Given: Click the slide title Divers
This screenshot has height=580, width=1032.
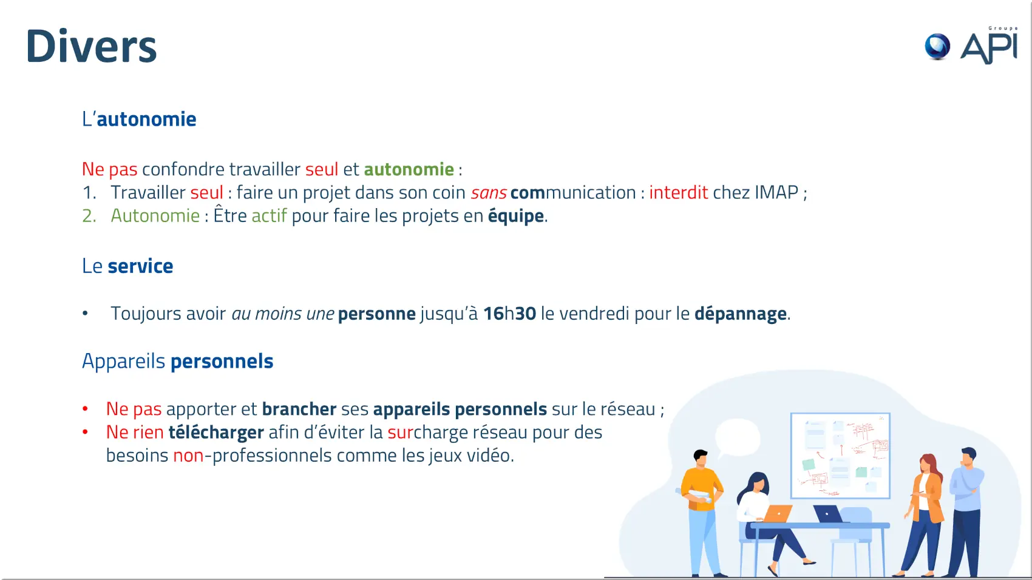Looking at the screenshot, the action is (x=92, y=46).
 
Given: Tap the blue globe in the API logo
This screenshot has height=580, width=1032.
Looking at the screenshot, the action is (x=937, y=47).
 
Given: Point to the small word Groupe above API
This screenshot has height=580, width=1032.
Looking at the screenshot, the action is (x=1002, y=29).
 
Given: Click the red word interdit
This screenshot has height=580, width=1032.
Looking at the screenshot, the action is (x=678, y=192).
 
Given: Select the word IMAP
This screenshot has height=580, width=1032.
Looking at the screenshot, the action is (x=776, y=192).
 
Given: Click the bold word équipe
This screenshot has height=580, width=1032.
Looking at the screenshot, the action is (x=516, y=216).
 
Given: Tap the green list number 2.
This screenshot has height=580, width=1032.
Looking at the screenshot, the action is (x=89, y=216).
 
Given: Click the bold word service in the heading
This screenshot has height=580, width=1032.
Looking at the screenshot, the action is (x=140, y=266).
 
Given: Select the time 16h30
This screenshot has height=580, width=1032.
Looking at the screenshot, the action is (x=509, y=314).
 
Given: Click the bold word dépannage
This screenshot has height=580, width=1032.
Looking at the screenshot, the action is (x=741, y=314).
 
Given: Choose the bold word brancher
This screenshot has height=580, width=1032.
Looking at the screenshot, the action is (x=299, y=409).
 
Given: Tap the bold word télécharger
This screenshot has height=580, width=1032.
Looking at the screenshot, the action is (x=216, y=433).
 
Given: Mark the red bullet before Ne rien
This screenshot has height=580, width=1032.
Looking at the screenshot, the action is (x=85, y=432).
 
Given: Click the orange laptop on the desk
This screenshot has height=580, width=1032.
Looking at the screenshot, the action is (x=777, y=513).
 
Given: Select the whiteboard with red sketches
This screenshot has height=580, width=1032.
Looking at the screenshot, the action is (x=840, y=456).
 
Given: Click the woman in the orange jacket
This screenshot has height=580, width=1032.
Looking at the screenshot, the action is (x=924, y=513).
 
